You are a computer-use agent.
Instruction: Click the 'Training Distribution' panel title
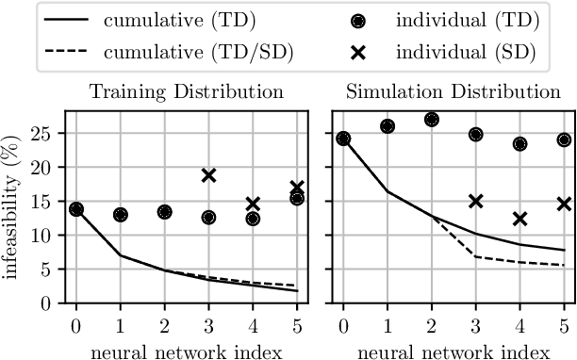pyautogui.click(x=187, y=92)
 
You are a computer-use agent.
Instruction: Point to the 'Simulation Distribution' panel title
pyautogui.click(x=453, y=92)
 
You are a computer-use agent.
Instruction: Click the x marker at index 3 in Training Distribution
pyautogui.click(x=208, y=175)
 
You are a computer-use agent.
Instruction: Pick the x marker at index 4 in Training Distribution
pyautogui.click(x=253, y=204)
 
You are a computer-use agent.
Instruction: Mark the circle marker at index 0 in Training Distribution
pyautogui.click(x=76, y=209)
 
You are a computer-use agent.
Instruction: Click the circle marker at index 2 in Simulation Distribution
pyautogui.click(x=431, y=120)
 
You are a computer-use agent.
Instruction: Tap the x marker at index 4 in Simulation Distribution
pyautogui.click(x=519, y=219)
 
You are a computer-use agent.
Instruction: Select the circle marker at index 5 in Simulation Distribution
pyautogui.click(x=564, y=139)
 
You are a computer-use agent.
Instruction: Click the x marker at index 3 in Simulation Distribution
pyautogui.click(x=475, y=201)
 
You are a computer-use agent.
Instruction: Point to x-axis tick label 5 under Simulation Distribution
pyautogui.click(x=564, y=324)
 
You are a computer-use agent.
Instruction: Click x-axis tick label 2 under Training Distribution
pyautogui.click(x=165, y=324)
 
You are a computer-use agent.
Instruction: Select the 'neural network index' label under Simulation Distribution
pyautogui.click(x=453, y=347)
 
